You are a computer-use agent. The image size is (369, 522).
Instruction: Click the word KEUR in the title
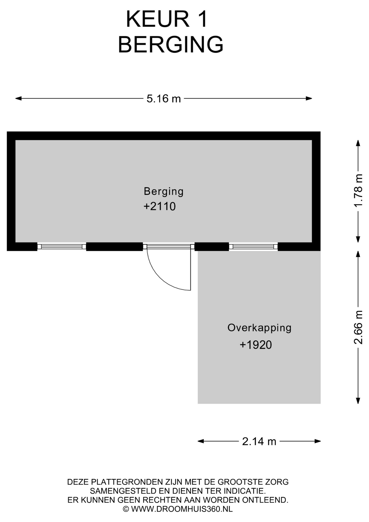coord(157,19)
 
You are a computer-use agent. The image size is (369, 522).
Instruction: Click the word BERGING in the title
coord(171,44)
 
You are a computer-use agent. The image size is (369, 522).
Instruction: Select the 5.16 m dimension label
coord(164,98)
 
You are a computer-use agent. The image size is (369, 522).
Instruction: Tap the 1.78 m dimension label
coord(358,190)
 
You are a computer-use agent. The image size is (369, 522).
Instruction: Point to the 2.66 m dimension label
coord(358,327)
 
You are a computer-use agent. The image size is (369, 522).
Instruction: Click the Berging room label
coord(164,192)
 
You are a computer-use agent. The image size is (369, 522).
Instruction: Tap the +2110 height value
coord(160,206)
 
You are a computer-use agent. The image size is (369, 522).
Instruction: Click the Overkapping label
coord(259,328)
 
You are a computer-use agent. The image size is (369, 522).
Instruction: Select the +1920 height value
coord(256,345)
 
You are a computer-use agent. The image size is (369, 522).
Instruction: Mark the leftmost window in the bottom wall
coord(62,247)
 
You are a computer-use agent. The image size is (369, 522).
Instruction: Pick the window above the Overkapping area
coord(253,247)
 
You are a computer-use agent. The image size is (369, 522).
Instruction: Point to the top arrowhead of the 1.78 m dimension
coord(358,143)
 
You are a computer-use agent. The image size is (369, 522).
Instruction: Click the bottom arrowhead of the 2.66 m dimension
coord(358,400)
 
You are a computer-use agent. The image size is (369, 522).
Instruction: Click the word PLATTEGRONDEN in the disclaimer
coord(127,482)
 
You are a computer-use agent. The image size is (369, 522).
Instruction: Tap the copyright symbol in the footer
coord(126,509)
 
